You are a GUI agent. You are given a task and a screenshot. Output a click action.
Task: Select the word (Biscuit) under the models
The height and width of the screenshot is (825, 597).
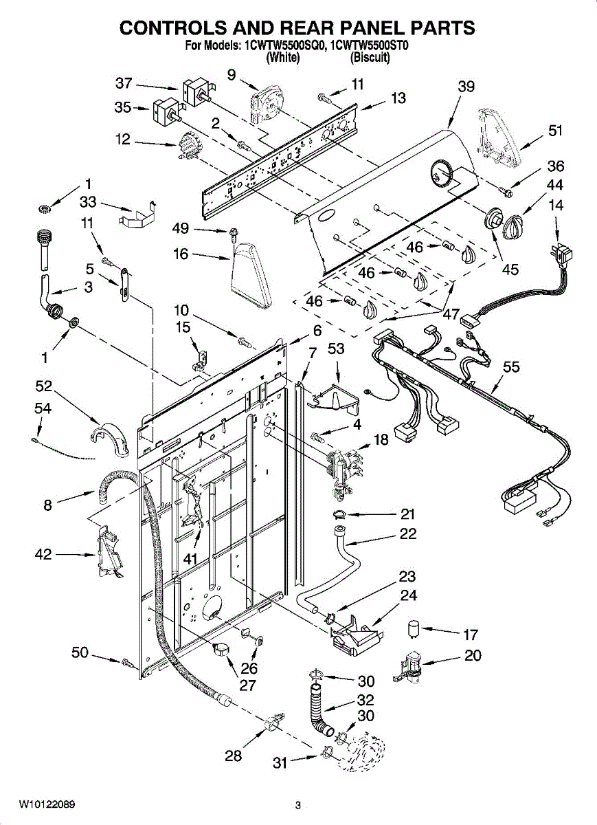(x=370, y=58)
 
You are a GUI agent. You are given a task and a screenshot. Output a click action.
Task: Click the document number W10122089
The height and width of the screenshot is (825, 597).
(x=47, y=804)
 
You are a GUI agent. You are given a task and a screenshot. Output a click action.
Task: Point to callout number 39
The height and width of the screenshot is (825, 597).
(x=466, y=86)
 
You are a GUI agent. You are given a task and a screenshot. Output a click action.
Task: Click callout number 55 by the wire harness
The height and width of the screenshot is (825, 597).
(x=511, y=367)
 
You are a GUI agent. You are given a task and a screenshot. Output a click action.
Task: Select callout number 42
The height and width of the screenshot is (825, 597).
(x=43, y=554)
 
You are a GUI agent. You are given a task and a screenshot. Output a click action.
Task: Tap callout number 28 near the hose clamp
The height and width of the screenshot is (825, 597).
(x=234, y=756)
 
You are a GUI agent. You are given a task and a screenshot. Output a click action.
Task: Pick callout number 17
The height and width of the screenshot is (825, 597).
(x=471, y=635)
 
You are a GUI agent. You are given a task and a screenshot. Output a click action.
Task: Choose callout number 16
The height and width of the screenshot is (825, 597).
(x=181, y=254)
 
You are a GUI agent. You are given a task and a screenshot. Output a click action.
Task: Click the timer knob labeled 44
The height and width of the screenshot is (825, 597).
(x=512, y=225)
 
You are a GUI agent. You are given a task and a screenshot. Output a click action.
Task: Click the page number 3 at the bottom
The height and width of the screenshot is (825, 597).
(x=298, y=805)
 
